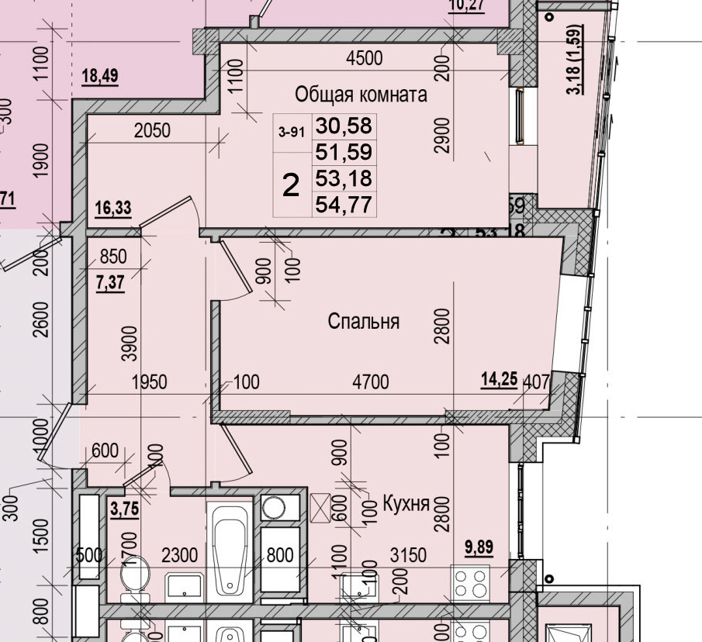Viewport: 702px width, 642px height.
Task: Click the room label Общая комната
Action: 361,95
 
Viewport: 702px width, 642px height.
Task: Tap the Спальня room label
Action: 363,321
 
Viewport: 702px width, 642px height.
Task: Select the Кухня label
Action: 406,503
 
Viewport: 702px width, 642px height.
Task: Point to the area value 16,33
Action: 112,207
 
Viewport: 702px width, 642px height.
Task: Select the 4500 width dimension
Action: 364,58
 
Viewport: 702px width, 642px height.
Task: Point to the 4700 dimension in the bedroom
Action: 370,381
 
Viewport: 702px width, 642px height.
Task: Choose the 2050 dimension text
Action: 152,131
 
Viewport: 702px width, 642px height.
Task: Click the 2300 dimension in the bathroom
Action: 179,555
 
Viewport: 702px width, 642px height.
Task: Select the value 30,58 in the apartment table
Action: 344,125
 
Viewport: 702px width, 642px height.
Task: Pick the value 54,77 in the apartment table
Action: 344,205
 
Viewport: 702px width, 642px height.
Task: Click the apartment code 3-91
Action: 291,132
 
